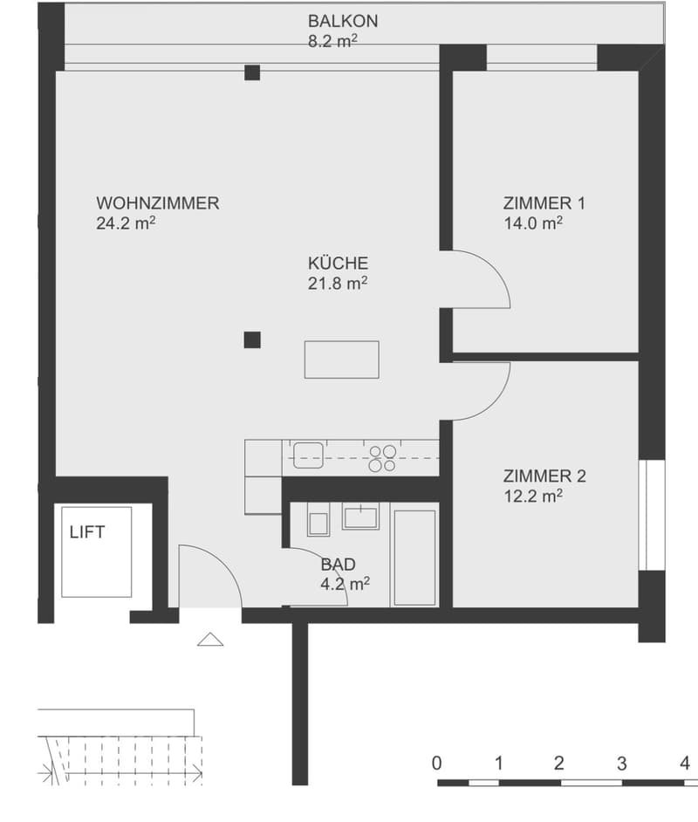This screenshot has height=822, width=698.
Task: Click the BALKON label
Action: pyautogui.click(x=343, y=21)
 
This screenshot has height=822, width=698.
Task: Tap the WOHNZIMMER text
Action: pyautogui.click(x=158, y=202)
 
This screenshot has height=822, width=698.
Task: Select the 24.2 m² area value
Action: pyautogui.click(x=126, y=223)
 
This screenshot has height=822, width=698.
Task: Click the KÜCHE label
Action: pyautogui.click(x=338, y=263)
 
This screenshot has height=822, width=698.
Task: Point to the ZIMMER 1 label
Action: pyautogui.click(x=544, y=202)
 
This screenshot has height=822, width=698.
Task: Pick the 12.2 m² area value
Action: pyautogui.click(x=533, y=496)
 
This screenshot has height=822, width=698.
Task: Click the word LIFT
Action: pyautogui.click(x=87, y=532)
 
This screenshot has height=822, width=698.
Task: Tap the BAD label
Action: pyautogui.click(x=338, y=564)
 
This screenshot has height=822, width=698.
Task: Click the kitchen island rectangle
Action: pyautogui.click(x=342, y=360)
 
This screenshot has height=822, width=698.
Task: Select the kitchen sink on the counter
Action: pyautogui.click(x=308, y=455)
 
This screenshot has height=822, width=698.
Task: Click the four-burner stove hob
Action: pyautogui.click(x=382, y=458)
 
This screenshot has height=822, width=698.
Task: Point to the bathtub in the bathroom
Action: pyautogui.click(x=414, y=558)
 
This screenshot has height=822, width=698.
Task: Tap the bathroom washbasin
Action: pyautogui.click(x=360, y=516)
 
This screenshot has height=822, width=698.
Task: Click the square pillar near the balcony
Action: pyautogui.click(x=252, y=72)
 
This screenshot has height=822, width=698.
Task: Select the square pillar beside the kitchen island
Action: pyautogui.click(x=252, y=340)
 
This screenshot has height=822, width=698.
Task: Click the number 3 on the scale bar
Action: pyautogui.click(x=621, y=764)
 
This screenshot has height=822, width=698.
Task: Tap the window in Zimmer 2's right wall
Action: pyautogui.click(x=652, y=516)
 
